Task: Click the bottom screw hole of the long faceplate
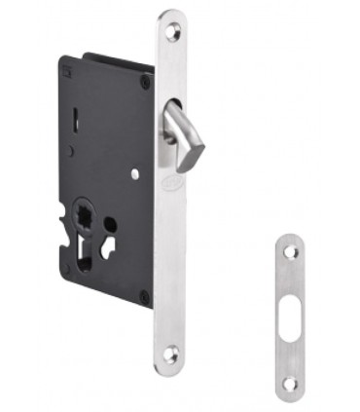click(x=171, y=356)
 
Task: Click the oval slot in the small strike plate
click(x=290, y=317)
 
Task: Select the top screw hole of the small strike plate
click(x=289, y=251)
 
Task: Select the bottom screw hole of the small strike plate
click(x=289, y=384)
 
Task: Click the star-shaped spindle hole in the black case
click(x=81, y=213)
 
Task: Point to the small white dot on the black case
click(x=134, y=175)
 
